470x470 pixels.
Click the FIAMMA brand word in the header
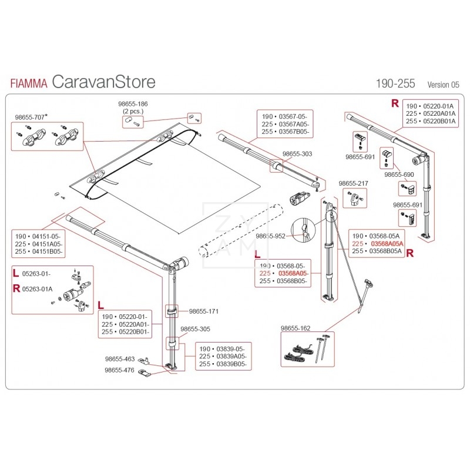tap(29, 83)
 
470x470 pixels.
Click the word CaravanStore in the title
tap(103, 82)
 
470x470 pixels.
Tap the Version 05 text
tap(444, 85)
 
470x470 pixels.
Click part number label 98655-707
tap(29, 117)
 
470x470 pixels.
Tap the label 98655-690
tap(399, 174)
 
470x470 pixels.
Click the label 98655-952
tap(271, 236)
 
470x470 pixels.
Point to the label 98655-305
tap(194, 329)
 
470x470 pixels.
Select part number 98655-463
tap(120, 358)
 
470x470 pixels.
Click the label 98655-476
tap(119, 370)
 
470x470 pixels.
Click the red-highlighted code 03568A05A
tap(386, 243)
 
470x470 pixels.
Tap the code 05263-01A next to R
tap(37, 288)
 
